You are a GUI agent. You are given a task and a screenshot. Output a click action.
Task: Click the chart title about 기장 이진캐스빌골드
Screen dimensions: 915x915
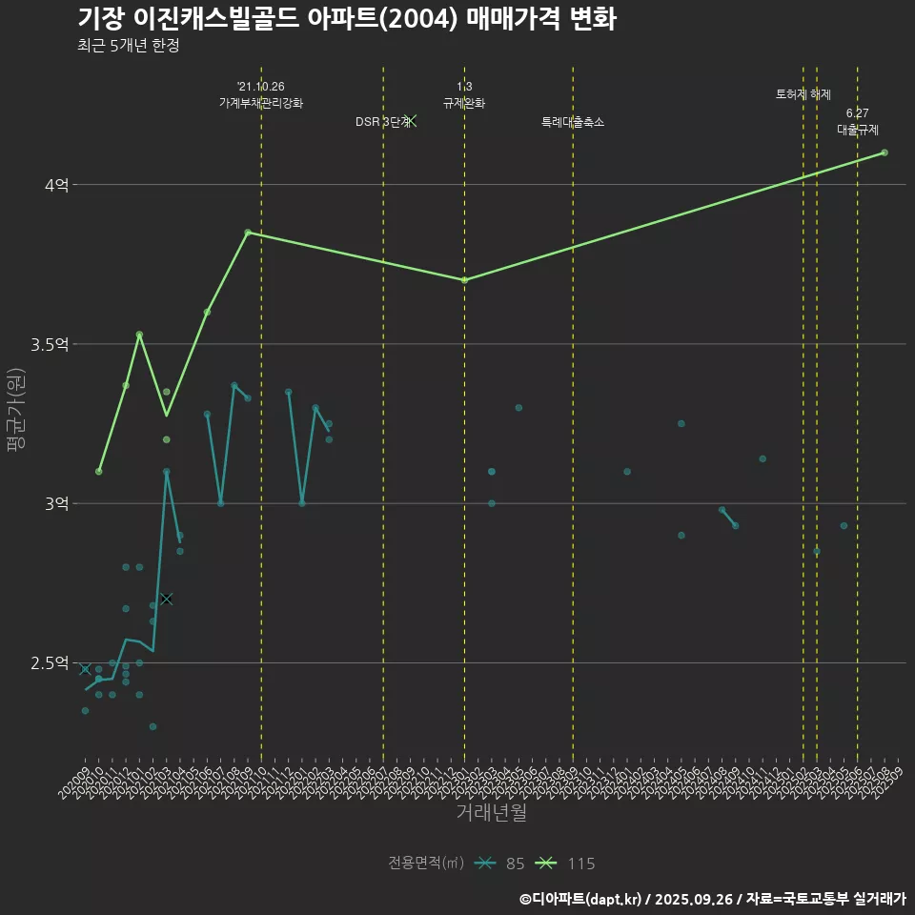(347, 19)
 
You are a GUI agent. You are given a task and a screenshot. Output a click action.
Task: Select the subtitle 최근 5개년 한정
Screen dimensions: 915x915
(129, 46)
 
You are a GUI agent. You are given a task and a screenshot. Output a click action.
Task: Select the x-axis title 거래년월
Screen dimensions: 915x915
(491, 813)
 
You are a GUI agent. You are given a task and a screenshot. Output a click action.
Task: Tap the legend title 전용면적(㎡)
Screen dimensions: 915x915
(426, 864)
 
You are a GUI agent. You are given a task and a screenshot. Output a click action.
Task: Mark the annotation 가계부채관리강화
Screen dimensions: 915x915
(261, 102)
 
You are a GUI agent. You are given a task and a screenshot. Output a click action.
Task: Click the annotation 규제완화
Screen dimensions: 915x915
(464, 102)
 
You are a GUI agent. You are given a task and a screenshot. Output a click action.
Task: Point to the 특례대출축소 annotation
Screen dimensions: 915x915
(573, 122)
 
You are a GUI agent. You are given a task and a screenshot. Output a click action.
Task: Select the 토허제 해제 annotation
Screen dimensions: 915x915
(803, 94)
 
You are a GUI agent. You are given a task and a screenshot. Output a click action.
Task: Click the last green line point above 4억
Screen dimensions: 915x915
(884, 152)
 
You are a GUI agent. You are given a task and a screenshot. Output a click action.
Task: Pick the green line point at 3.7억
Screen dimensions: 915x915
(464, 280)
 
